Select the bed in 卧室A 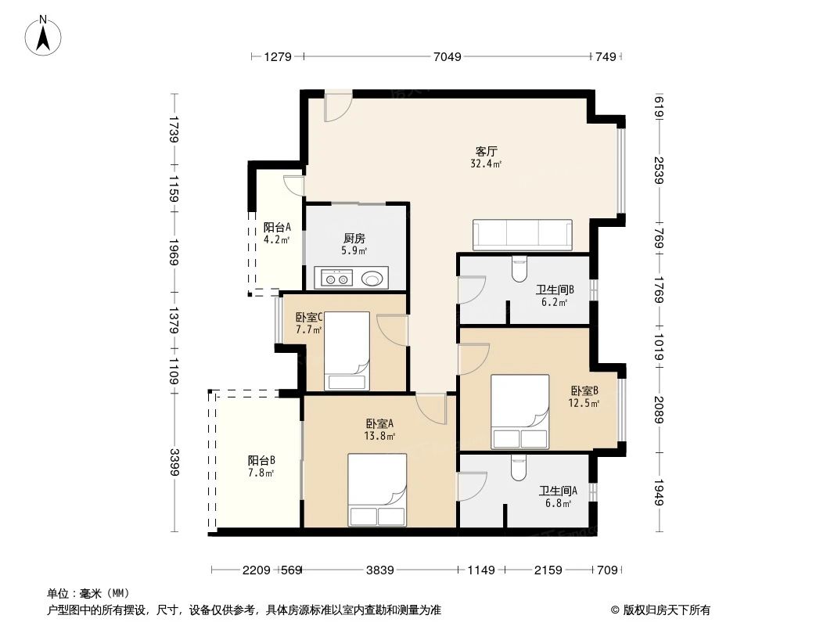(377, 490)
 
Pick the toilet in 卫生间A (518, 467)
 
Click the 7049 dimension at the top (447, 56)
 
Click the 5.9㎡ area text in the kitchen (354, 251)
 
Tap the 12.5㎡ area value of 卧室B (584, 404)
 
